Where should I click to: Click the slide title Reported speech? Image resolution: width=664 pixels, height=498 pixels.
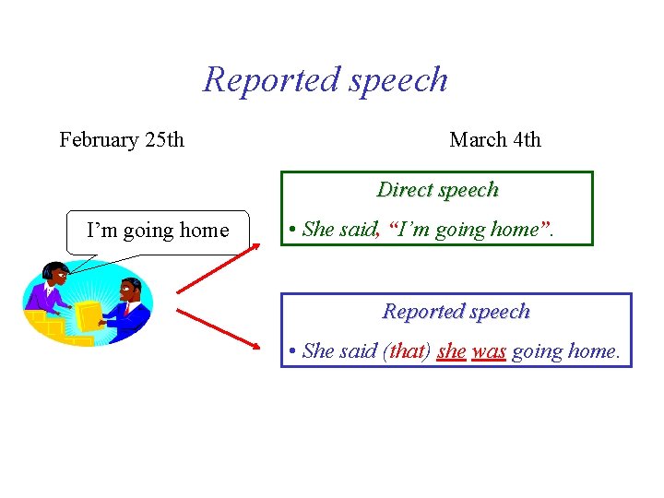(326, 79)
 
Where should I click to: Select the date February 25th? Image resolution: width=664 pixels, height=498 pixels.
(122, 140)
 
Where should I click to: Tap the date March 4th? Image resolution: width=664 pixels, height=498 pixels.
(495, 140)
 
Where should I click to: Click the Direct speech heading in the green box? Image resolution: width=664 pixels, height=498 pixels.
(437, 190)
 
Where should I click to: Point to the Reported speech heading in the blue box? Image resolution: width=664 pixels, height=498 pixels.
(456, 312)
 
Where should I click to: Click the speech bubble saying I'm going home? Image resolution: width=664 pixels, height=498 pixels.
(158, 231)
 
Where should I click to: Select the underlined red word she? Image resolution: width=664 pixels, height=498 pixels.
(451, 351)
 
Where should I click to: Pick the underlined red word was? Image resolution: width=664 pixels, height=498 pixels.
(489, 351)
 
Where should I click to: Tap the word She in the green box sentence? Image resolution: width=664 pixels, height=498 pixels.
(317, 230)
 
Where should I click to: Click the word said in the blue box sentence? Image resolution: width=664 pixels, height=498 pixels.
(359, 351)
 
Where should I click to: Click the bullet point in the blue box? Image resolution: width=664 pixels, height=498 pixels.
(290, 352)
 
